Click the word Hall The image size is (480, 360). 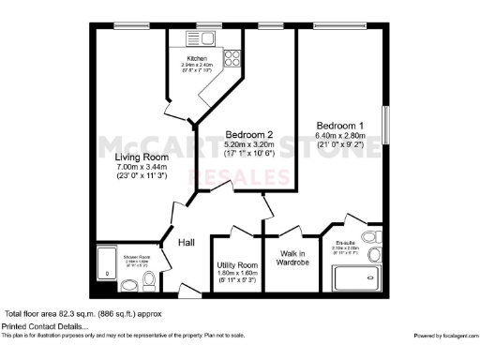point(187,243)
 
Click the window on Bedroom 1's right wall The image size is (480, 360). point(386,127)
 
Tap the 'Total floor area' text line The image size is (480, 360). point(84,313)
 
